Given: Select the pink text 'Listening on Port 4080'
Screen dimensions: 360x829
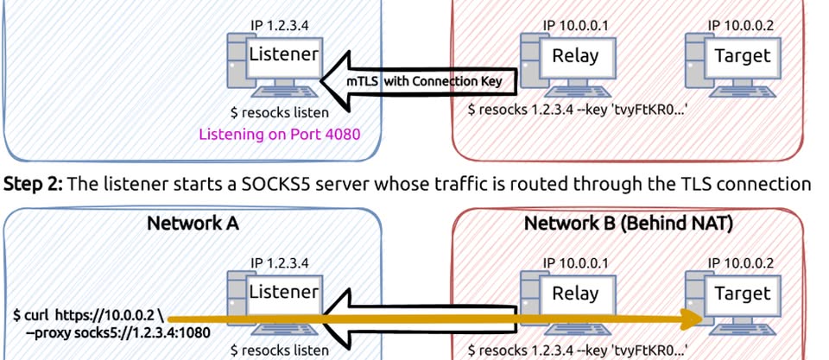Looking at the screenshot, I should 279,134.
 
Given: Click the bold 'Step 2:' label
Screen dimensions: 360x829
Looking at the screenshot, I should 32,184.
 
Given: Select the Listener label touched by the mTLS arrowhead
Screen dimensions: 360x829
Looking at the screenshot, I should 285,55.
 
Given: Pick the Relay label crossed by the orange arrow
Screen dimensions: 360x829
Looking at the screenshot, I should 575,294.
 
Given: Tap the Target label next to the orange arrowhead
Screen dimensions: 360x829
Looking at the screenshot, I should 743,294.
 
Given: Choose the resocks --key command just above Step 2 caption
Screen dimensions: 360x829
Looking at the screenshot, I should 575,111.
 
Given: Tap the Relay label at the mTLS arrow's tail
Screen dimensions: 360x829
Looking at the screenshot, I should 575,58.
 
